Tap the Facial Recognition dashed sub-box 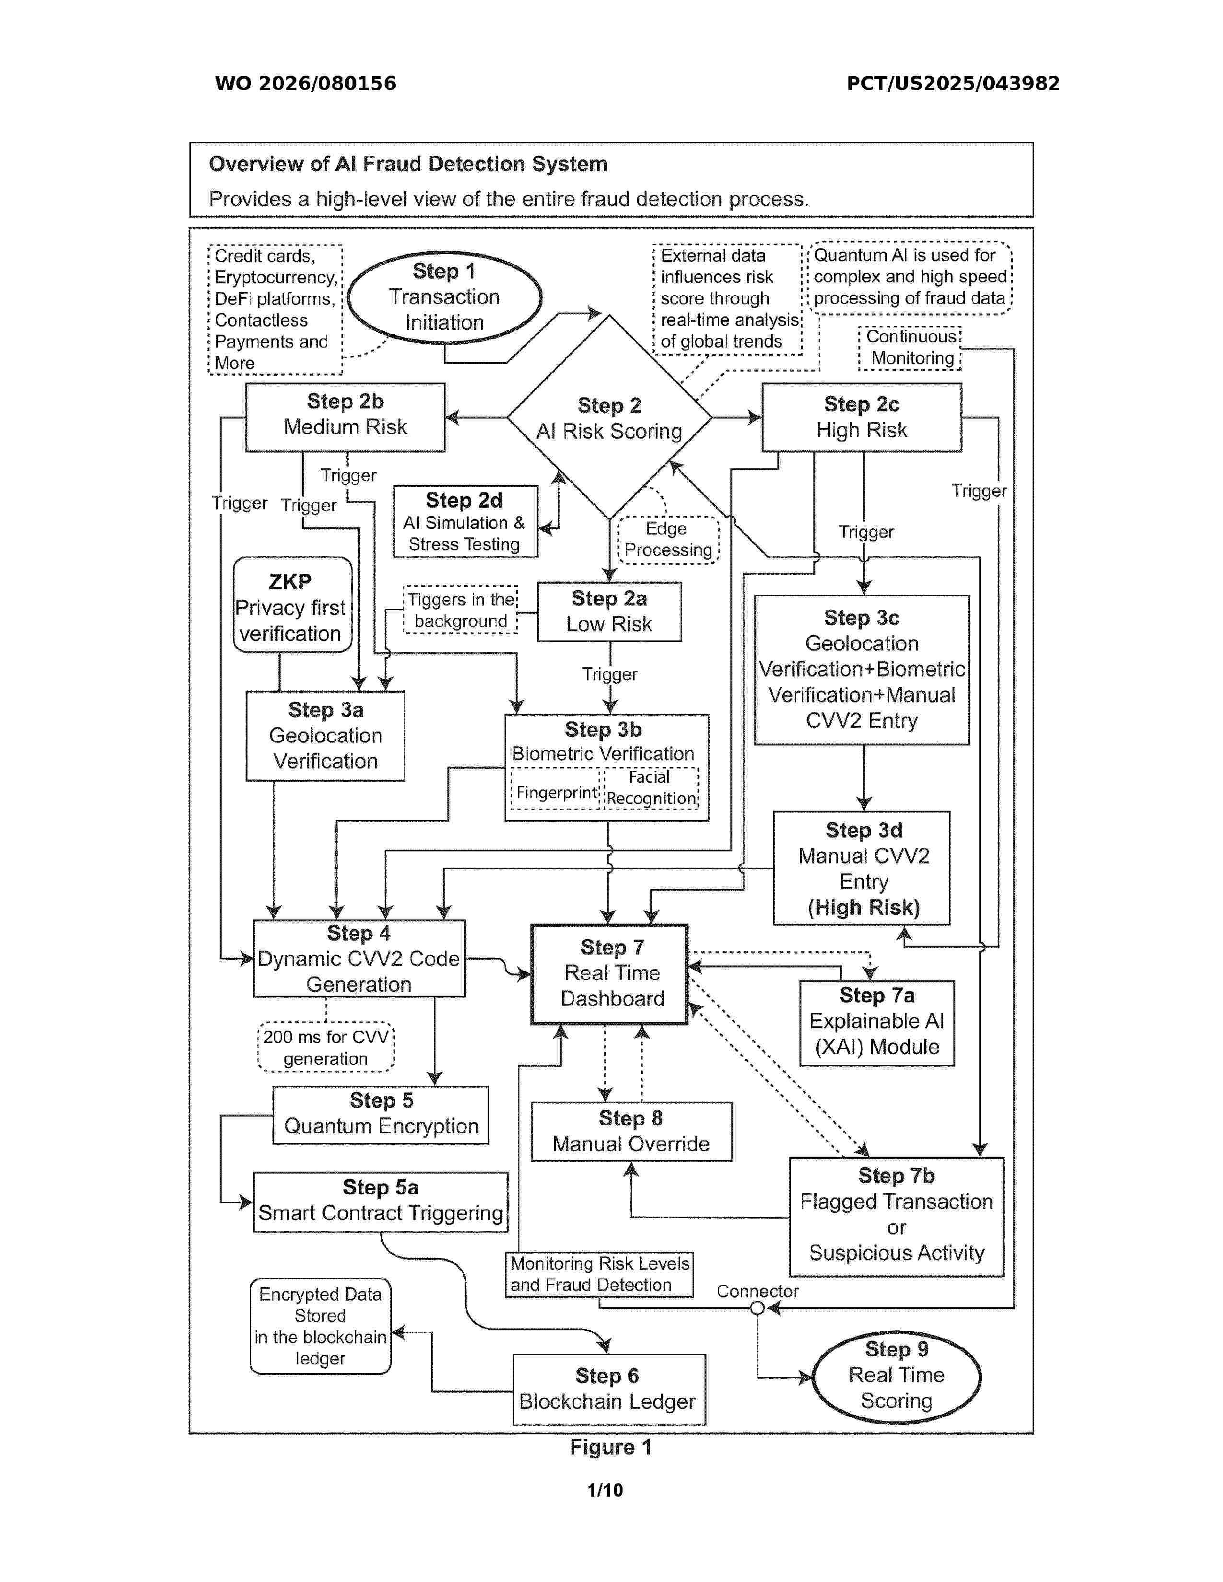pos(651,788)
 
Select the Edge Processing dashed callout pos(668,540)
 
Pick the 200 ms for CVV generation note pos(326,1047)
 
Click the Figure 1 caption pos(611,1447)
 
